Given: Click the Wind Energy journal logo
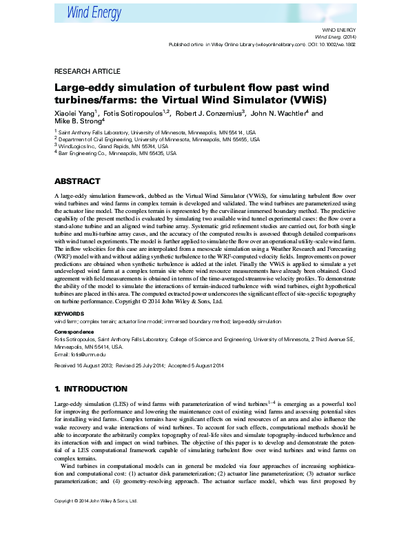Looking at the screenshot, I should coord(94,12).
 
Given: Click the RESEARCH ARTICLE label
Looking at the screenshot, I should coord(87,71).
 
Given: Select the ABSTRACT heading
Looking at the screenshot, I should coord(78,183).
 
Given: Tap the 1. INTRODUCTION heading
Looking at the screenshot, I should coord(90,389).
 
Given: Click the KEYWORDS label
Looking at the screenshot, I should coord(70,314).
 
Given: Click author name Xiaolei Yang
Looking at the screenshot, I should coord(76,112).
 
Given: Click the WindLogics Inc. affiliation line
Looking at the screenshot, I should coord(113,146).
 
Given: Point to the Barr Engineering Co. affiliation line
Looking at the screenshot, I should coord(117,154).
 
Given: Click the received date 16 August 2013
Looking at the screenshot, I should coord(90,365).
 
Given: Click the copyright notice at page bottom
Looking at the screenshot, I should coord(96,520).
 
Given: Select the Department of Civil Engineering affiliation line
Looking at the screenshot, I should coord(159,139).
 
